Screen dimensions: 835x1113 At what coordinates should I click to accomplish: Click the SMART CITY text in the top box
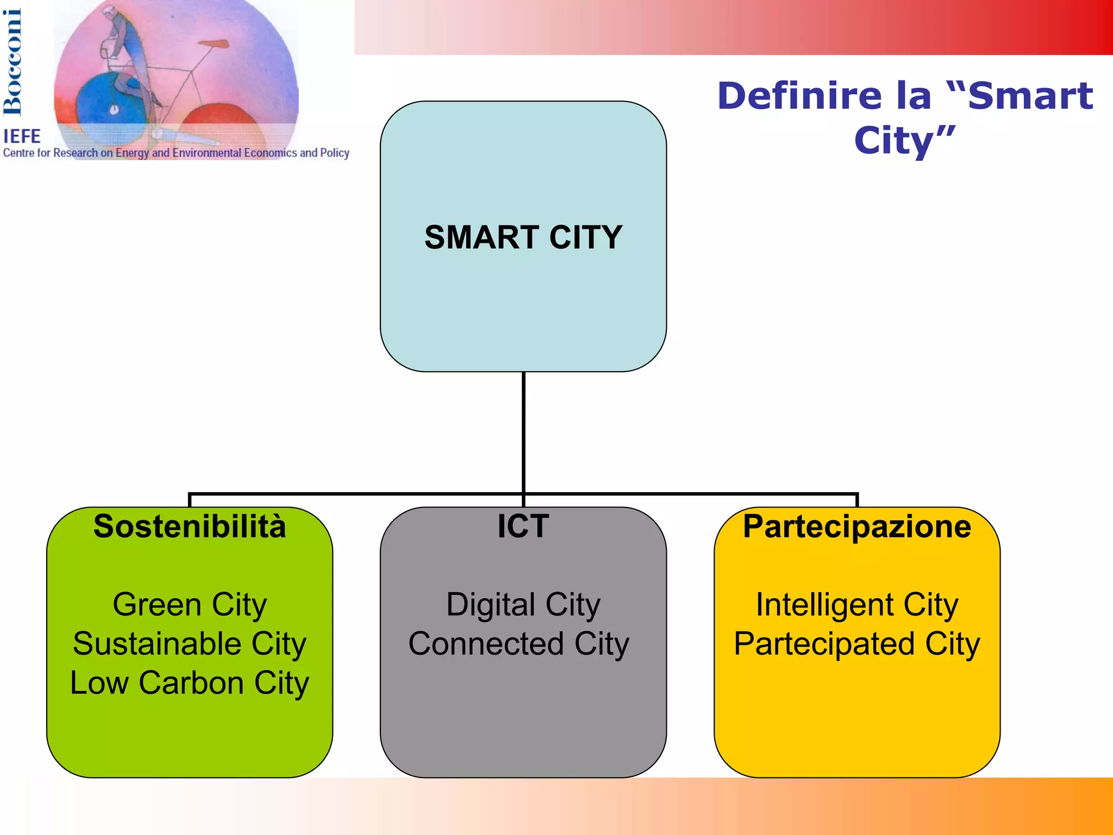pos(523,237)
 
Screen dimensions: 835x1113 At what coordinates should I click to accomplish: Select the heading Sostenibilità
pos(190,526)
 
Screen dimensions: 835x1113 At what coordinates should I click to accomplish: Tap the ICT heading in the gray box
pos(523,526)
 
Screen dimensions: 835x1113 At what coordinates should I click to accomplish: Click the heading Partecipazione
pos(856,526)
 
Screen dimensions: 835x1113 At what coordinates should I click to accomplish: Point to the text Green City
pos(190,605)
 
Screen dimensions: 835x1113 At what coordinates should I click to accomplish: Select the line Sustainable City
pos(190,644)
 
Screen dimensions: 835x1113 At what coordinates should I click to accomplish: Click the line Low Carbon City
pos(190,683)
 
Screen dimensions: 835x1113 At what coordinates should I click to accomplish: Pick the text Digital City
pos(523,605)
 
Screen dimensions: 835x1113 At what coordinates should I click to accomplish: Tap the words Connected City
pos(518,644)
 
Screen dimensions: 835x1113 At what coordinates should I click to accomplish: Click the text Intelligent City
pos(856,605)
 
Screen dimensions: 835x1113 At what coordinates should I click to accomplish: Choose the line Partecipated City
pos(856,644)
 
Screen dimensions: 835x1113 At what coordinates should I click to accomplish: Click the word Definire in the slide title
pos(799,96)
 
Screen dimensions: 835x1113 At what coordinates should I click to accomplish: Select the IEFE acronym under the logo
pos(22,136)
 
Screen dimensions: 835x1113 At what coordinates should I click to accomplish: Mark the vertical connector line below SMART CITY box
pos(523,432)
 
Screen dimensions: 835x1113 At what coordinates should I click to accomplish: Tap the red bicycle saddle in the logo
pos(213,43)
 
